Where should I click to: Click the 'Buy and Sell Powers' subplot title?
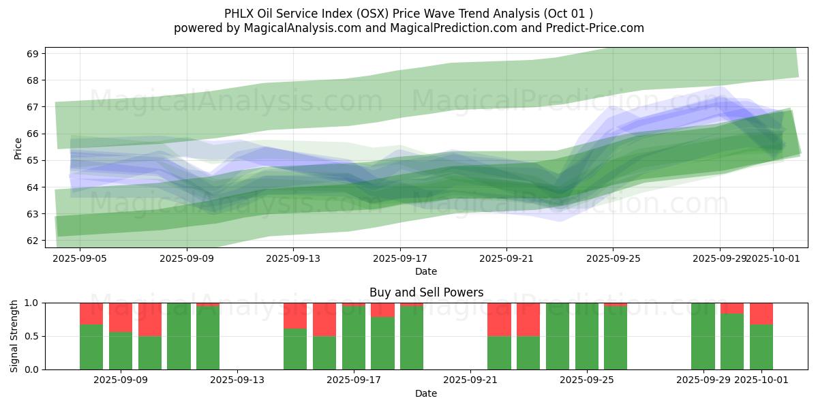tap(426, 292)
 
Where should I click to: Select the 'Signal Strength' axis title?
tap(14, 336)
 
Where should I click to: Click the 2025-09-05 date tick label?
tap(80, 258)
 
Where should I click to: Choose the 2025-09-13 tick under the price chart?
tap(293, 258)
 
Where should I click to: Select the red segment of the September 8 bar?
tap(91, 314)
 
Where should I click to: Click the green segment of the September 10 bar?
tap(150, 353)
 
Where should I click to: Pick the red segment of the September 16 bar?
tap(324, 319)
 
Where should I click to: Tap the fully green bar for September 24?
tap(558, 336)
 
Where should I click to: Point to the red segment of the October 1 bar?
tap(761, 314)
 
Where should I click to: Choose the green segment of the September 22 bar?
tap(499, 353)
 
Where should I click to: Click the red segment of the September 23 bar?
tap(528, 319)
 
